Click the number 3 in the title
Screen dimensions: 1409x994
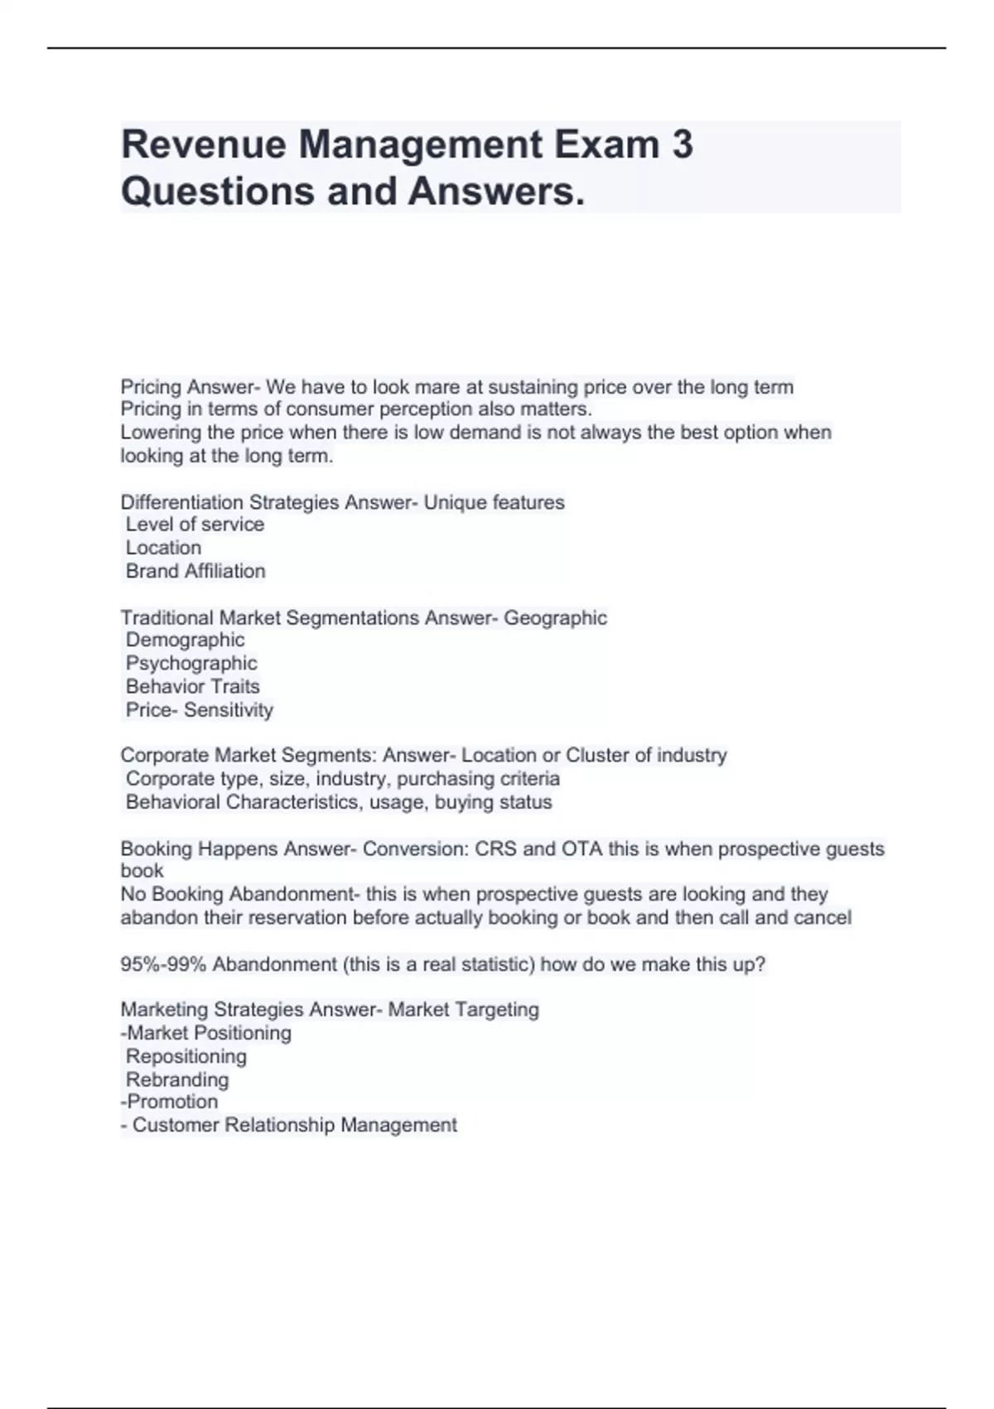[682, 144]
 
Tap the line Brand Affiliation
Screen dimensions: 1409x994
[195, 571]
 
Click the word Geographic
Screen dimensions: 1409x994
[555, 617]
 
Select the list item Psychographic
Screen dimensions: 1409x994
[191, 663]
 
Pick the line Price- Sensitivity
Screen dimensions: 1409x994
[199, 710]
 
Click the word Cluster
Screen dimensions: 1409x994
[597, 755]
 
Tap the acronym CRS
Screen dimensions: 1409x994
[495, 849]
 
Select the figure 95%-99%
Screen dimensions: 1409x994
[162, 965]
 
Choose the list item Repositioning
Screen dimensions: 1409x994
[186, 1057]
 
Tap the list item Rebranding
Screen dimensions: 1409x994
[177, 1080]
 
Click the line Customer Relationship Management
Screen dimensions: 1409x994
[294, 1126]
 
